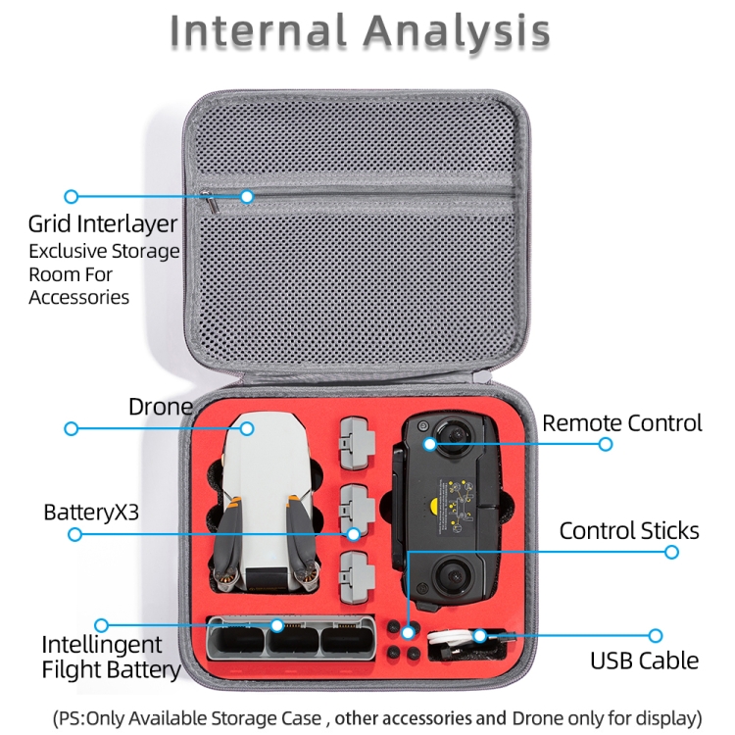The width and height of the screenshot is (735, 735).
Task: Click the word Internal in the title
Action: (x=258, y=31)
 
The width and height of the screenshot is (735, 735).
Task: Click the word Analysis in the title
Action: (x=457, y=31)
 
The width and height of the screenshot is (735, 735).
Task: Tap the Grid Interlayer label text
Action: (x=103, y=224)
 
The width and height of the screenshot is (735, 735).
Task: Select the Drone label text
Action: (x=160, y=407)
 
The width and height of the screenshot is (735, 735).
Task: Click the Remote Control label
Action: (x=622, y=423)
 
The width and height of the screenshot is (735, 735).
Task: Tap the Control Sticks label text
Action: (x=629, y=531)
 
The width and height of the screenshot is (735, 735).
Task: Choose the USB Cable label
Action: (x=644, y=661)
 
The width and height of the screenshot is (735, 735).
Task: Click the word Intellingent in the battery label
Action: (x=101, y=645)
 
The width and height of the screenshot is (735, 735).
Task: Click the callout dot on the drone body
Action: (x=247, y=428)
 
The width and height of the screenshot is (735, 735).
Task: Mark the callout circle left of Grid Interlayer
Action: (x=71, y=197)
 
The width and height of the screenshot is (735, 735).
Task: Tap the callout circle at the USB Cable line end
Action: (x=656, y=636)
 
